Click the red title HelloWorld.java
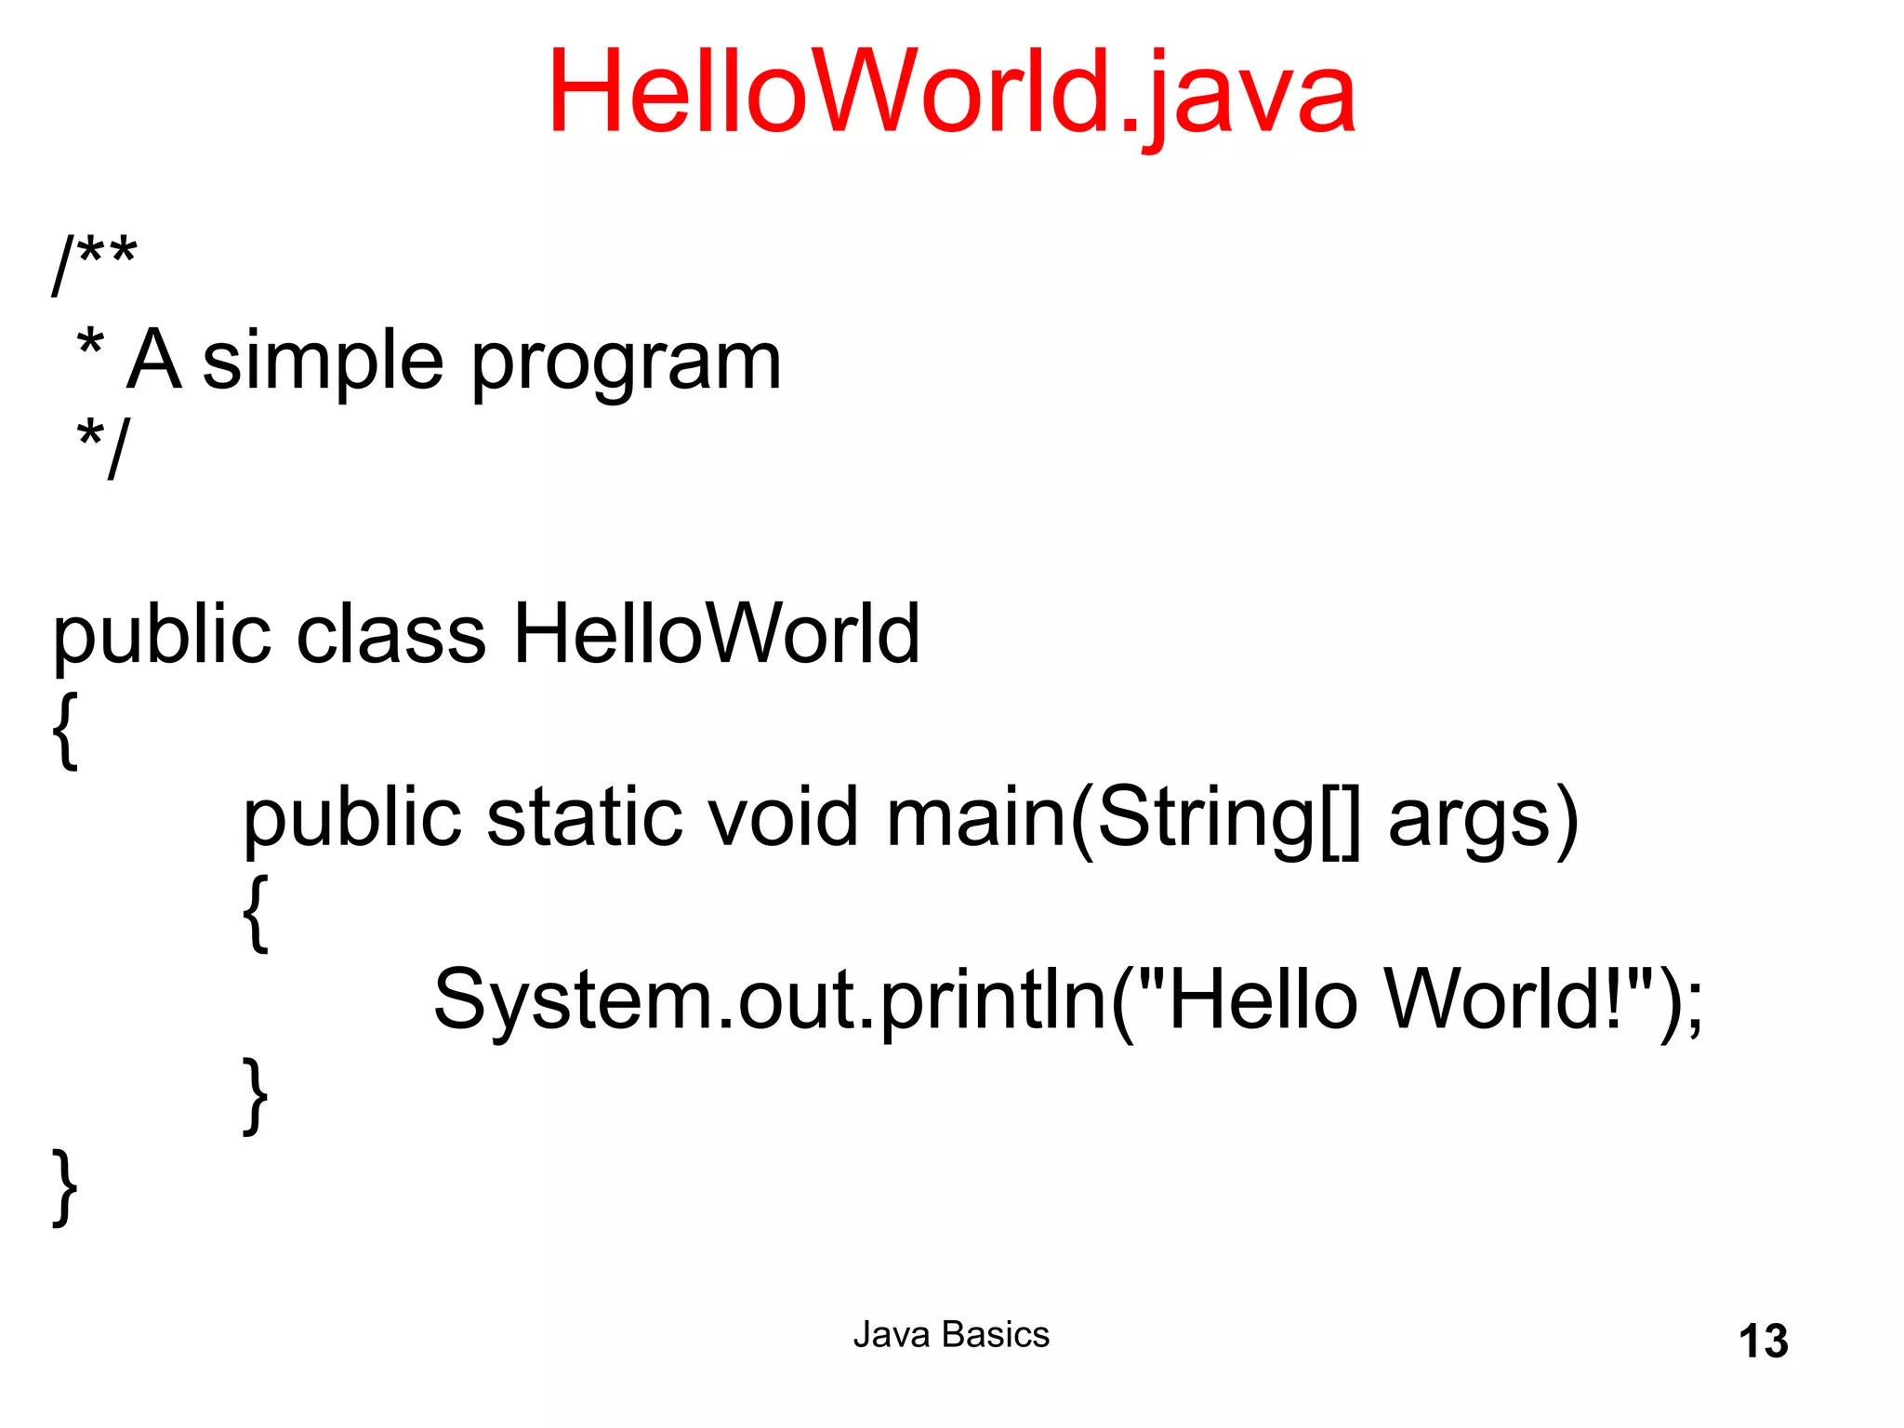(951, 93)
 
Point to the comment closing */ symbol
(104, 447)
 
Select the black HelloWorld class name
(716, 634)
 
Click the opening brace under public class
(65, 730)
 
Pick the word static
(585, 818)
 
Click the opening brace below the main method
(256, 913)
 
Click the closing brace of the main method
(256, 1095)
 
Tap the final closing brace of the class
(65, 1188)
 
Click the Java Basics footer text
(951, 1335)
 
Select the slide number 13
(1763, 1342)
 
